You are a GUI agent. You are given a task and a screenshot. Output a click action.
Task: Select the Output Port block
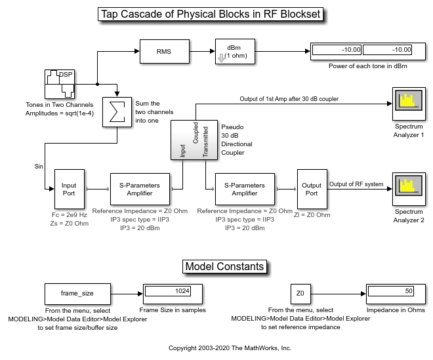click(312, 189)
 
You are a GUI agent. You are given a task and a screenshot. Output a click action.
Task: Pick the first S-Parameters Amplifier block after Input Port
click(140, 189)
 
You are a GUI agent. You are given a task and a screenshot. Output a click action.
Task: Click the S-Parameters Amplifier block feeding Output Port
click(245, 189)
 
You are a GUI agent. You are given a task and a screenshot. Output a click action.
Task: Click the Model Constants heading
click(225, 266)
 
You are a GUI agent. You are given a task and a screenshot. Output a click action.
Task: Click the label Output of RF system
click(356, 184)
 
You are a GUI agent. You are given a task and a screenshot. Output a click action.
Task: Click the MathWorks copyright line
click(230, 348)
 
